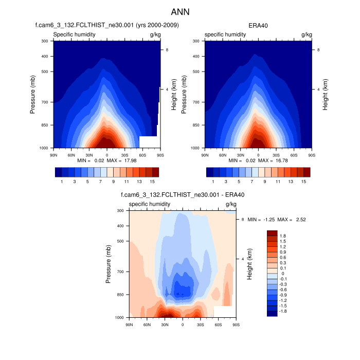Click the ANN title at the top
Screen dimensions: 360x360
tap(180, 11)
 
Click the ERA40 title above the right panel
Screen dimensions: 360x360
tap(258, 25)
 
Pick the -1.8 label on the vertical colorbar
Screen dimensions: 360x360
tap(283, 312)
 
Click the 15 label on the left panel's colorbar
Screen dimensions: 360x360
tap(152, 181)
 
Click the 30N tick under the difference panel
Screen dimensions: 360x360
tap(165, 325)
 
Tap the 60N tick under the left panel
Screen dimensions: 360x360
tap(71, 154)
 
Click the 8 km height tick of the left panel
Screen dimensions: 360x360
tap(165, 49)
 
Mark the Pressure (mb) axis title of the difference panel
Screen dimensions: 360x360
tap(109, 264)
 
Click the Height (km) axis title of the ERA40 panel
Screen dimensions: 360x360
tap(325, 94)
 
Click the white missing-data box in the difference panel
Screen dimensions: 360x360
tap(223, 312)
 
